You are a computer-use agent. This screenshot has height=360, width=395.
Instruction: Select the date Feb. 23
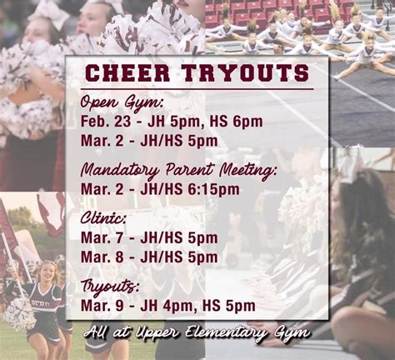coord(106,122)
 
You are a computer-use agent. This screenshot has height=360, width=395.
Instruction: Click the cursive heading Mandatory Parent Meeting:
coord(178,169)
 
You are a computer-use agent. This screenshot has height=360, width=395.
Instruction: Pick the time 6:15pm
coord(213,190)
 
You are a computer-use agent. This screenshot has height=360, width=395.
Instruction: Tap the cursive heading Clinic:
coord(103,219)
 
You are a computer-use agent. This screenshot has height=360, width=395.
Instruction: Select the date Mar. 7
coord(102,238)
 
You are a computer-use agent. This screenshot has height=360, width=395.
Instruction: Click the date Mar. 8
coord(102,257)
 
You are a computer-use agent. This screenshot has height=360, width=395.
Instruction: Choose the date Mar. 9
coord(102,306)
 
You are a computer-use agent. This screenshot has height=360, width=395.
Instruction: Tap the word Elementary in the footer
coord(225,332)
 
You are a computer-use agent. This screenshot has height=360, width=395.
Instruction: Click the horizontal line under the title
coord(197,89)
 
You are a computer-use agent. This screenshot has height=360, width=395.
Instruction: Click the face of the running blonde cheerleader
coord(47,272)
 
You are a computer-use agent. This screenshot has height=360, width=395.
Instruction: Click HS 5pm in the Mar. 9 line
coord(229,306)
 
